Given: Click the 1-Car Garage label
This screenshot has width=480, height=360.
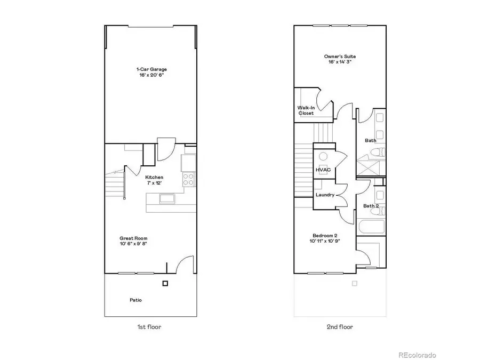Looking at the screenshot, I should click(148, 69).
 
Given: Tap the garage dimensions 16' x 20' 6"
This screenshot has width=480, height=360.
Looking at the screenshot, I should click(148, 76).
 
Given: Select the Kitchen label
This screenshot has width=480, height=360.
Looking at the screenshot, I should click(154, 177).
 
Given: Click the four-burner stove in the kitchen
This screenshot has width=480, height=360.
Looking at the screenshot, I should click(189, 179).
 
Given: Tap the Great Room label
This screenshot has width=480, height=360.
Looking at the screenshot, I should click(133, 238).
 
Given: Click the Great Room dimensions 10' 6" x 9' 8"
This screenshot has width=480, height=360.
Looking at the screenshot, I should click(133, 244).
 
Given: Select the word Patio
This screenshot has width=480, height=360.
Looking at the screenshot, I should click(136, 300).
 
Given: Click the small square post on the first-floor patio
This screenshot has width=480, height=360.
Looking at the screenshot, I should click(165, 283).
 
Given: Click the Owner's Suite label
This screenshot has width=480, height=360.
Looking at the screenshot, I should click(340, 56).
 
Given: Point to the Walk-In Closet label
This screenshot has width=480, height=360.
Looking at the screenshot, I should click(306, 110).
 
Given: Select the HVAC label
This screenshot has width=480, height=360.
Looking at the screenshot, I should click(323, 170).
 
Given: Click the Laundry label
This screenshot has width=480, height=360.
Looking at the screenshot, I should click(325, 195).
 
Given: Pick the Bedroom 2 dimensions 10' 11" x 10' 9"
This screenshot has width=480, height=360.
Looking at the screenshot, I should click(325, 241).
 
